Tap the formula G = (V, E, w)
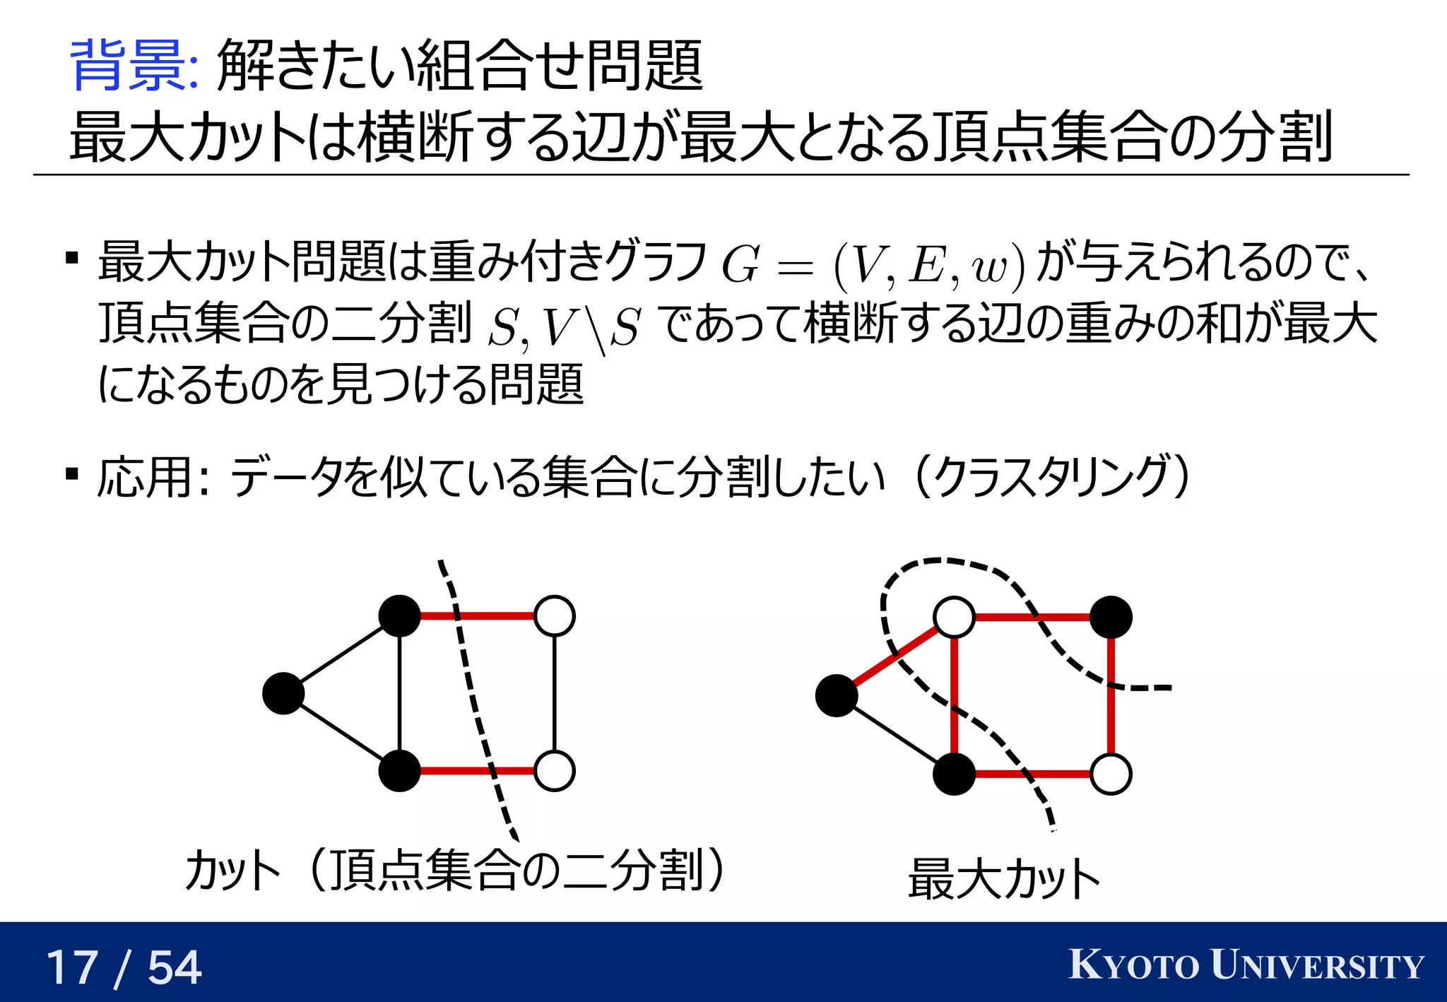(x=872, y=265)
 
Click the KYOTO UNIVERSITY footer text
(x=1246, y=965)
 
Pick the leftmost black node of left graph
(x=283, y=693)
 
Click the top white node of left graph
(x=555, y=616)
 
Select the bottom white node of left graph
(x=555, y=771)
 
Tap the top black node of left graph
(x=400, y=616)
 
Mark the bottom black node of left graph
(x=400, y=771)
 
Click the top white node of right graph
(x=954, y=618)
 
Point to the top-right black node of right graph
(x=1111, y=618)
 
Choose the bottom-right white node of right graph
(x=1111, y=774)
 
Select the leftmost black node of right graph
(x=837, y=695)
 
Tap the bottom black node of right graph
(x=954, y=774)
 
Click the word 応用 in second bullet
(x=145, y=478)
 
